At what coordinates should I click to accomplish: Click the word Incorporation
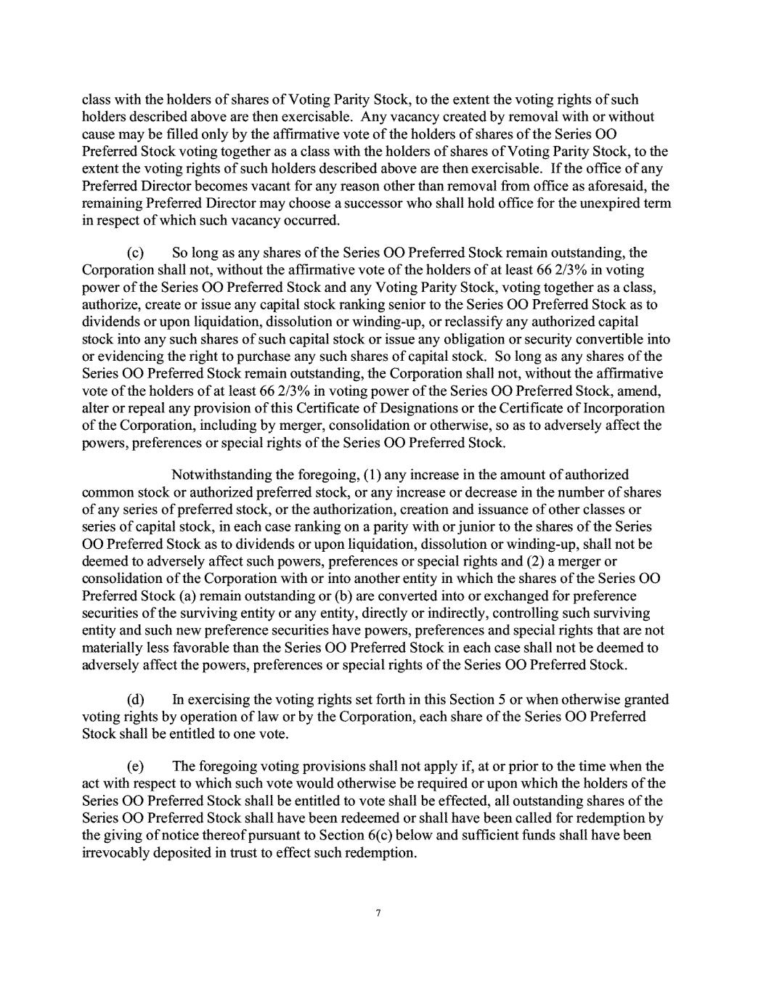click(622, 409)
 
